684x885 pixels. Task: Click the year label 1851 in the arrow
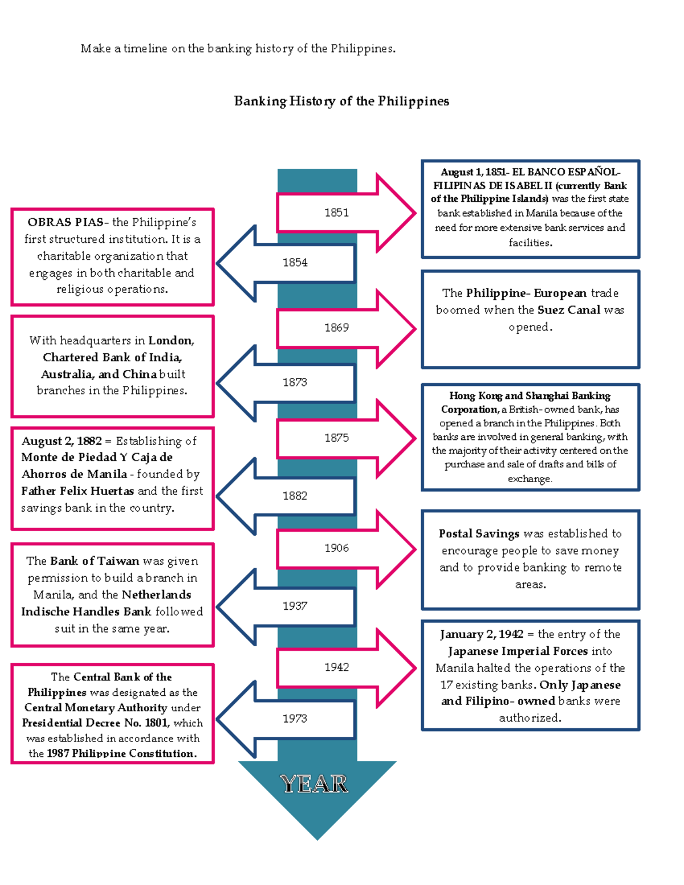[x=336, y=213]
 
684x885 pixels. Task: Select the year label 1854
[x=295, y=263]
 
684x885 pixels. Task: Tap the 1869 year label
[x=336, y=328]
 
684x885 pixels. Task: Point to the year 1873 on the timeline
[x=295, y=382]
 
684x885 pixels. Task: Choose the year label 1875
[x=336, y=438]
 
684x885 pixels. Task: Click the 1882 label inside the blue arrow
[x=295, y=496]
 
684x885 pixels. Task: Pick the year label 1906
[x=336, y=548]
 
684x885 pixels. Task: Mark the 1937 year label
[x=295, y=606]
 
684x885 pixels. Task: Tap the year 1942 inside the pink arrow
[x=336, y=667]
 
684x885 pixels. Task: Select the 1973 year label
[x=295, y=719]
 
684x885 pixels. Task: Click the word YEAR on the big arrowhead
[x=314, y=784]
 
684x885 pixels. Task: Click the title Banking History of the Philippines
[x=341, y=101]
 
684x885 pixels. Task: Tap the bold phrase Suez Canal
[x=568, y=310]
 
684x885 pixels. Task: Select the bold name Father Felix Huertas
[x=78, y=491]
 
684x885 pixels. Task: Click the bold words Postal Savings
[x=479, y=534]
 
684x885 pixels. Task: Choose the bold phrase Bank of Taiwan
[x=94, y=561]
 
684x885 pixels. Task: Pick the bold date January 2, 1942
[x=481, y=634]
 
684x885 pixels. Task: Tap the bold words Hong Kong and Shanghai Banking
[x=530, y=396]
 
